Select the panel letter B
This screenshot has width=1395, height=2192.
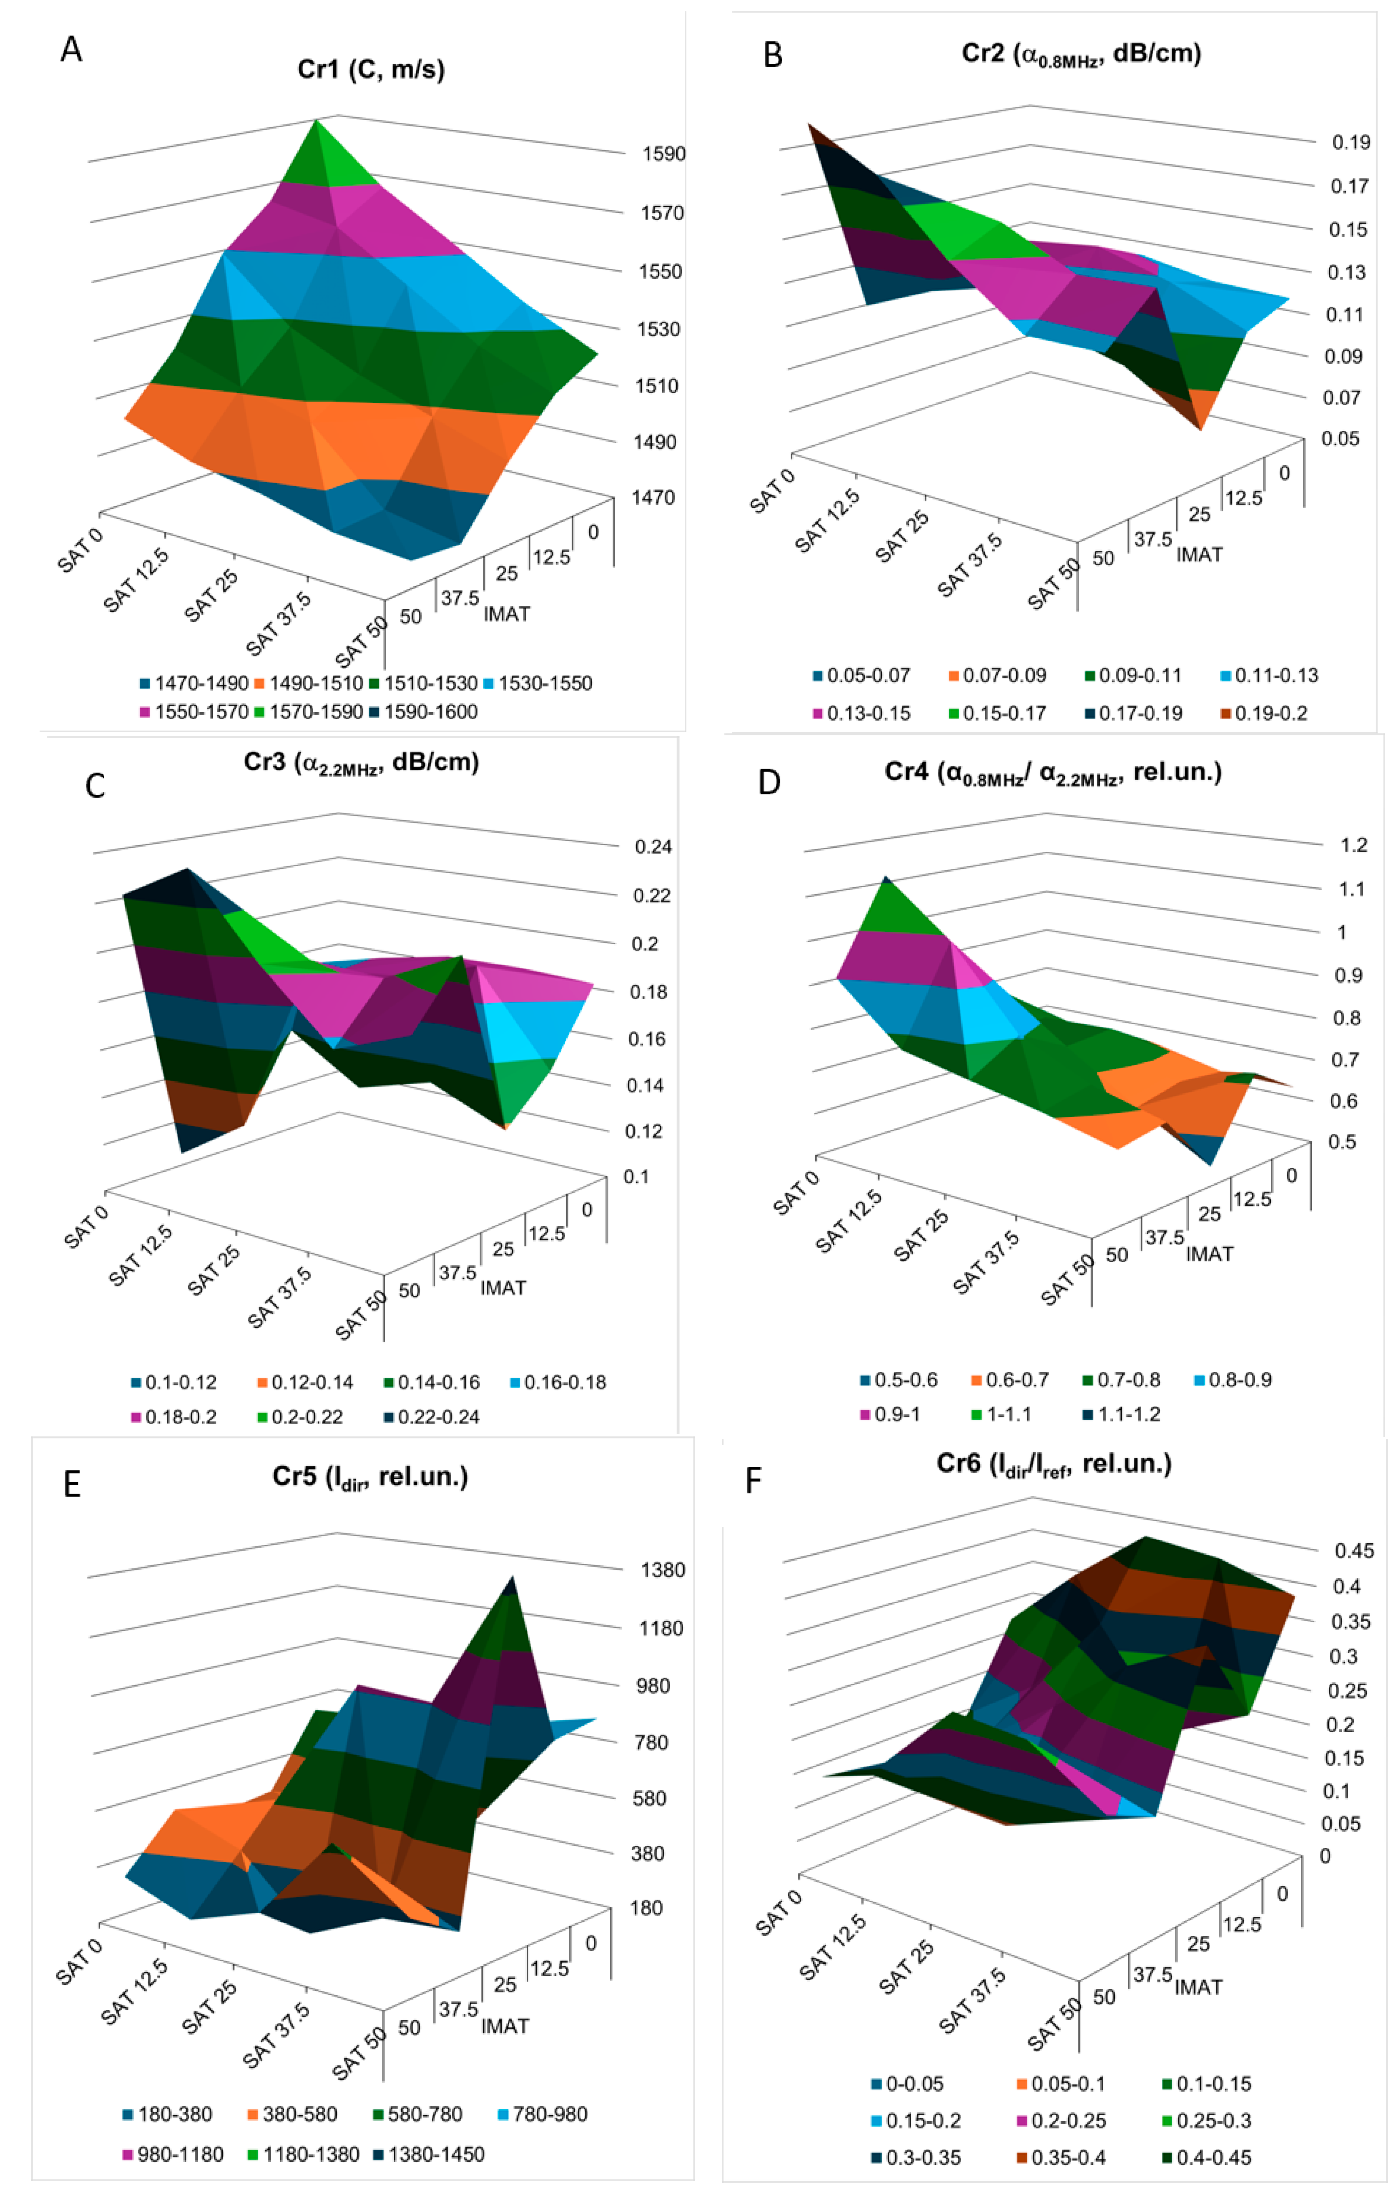click(772, 55)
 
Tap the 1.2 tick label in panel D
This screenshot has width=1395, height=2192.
click(1353, 846)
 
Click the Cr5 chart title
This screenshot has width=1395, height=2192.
click(370, 1476)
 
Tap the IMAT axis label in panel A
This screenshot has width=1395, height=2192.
click(506, 615)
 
